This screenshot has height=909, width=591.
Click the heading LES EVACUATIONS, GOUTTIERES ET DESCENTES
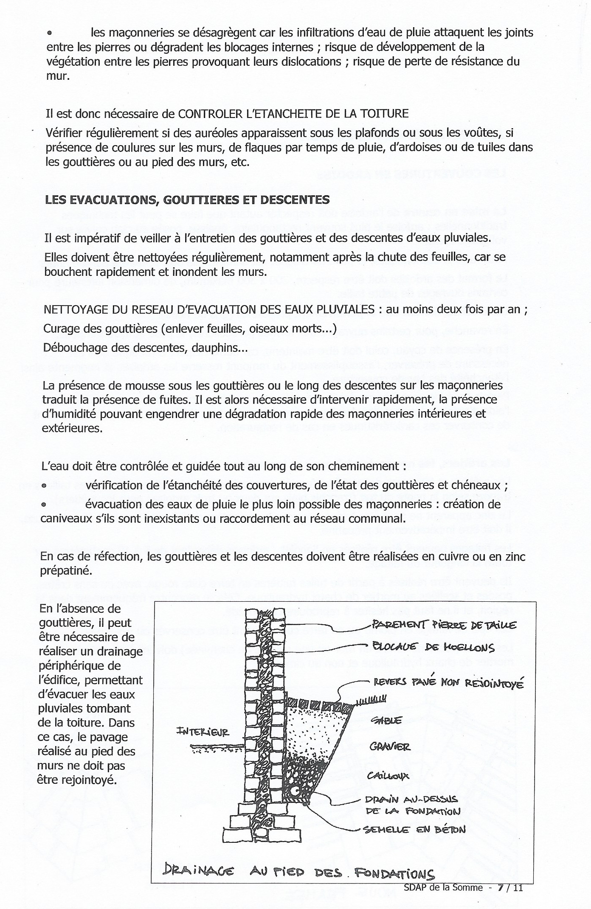tap(187, 199)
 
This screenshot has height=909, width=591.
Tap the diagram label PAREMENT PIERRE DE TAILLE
tap(444, 625)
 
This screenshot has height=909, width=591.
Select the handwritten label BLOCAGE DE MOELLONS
tap(433, 648)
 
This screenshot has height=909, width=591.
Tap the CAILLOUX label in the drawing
tap(388, 775)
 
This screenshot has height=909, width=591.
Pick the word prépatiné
tap(65, 571)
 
